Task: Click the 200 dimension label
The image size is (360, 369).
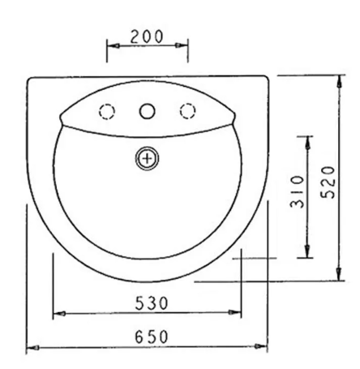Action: click(147, 36)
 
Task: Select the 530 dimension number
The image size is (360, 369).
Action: click(152, 302)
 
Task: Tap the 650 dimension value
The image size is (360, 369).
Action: click(152, 337)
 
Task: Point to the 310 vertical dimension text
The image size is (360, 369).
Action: click(297, 191)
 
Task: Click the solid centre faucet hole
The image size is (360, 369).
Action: click(147, 111)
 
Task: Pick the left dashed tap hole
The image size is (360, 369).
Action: click(107, 111)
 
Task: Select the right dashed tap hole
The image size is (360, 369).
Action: click(187, 111)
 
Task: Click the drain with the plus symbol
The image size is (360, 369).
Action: click(147, 158)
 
